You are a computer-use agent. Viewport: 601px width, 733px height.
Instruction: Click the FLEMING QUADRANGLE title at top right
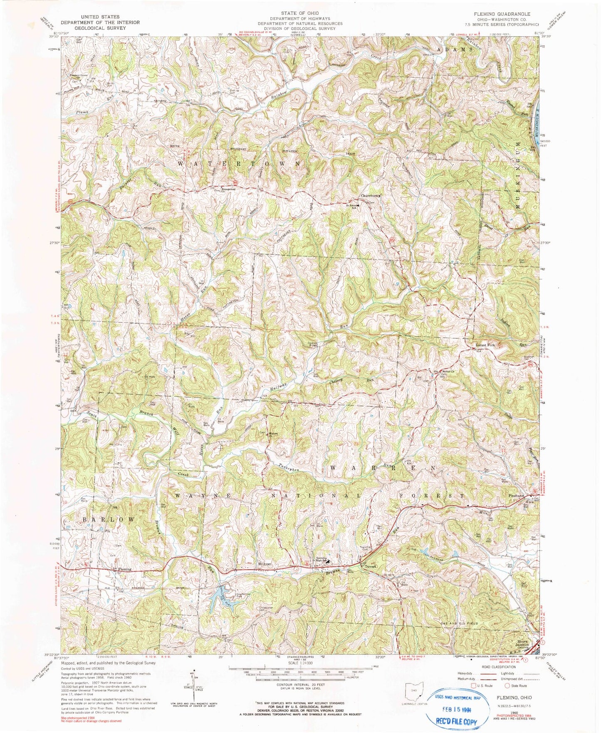(x=505, y=14)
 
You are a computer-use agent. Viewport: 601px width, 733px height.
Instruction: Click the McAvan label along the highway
(x=264, y=564)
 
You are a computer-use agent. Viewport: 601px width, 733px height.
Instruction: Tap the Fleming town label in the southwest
(x=124, y=569)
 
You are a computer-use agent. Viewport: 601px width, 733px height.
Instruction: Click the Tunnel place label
(x=370, y=567)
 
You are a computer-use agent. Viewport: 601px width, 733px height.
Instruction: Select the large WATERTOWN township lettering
(x=240, y=164)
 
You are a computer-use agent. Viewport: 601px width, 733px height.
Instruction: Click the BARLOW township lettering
(x=109, y=519)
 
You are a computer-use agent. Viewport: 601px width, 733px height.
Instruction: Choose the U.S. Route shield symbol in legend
(x=473, y=686)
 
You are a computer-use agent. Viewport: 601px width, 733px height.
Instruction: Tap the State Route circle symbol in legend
(x=507, y=686)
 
